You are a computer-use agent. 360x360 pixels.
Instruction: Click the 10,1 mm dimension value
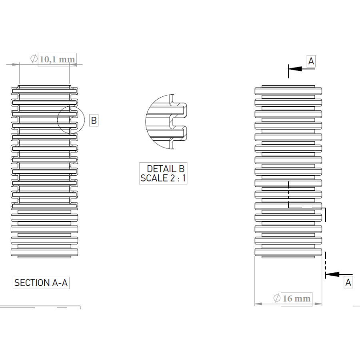[x=57, y=60]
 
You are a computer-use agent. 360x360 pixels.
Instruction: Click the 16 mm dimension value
[x=297, y=298]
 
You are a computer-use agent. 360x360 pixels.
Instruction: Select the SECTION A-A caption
[x=41, y=283]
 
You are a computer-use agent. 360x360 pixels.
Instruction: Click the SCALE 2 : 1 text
[x=163, y=178]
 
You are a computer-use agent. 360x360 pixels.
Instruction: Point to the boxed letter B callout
[x=94, y=120]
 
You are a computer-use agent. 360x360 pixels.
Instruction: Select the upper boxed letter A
[x=311, y=61]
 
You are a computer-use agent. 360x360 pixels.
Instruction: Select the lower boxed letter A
[x=348, y=282]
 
